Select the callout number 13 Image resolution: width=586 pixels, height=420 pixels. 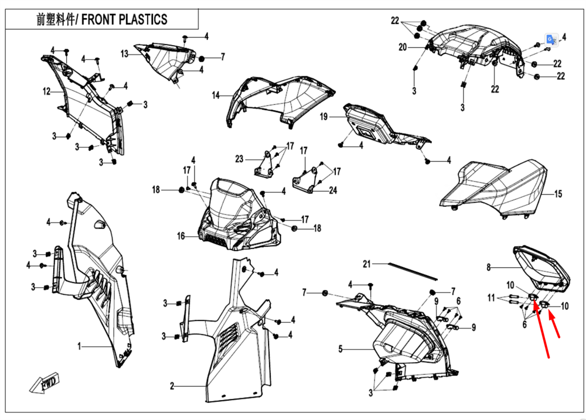point(124,54)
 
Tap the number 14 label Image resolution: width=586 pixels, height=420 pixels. point(215,95)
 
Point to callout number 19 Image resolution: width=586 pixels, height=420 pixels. point(323,117)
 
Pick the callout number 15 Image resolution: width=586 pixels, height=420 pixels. point(558,193)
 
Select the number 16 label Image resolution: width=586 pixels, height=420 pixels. point(181,236)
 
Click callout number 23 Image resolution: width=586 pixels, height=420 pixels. point(239,159)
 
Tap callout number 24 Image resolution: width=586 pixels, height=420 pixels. point(333,190)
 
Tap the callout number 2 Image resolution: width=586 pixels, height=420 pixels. point(172,386)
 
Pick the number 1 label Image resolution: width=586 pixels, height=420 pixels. point(79,346)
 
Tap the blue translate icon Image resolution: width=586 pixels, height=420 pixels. point(552,39)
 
